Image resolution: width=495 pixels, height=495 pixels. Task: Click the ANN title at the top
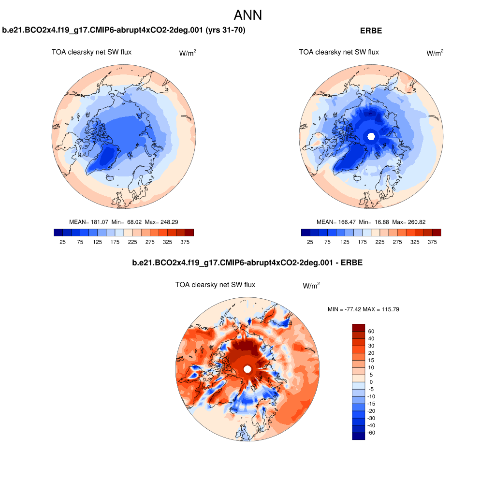(247, 15)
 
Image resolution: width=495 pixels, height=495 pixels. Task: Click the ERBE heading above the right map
(371, 31)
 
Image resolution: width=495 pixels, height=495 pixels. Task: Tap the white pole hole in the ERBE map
(371, 136)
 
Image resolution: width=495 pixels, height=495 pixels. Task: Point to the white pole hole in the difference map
(247, 369)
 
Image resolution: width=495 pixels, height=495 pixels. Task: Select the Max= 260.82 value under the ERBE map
(409, 222)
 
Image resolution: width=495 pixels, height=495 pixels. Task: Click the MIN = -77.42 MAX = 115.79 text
(363, 309)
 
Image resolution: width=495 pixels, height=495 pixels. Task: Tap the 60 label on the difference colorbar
(371, 331)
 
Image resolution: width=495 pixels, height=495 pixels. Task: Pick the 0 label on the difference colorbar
(371, 382)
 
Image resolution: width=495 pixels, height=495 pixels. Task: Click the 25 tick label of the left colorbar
(62, 242)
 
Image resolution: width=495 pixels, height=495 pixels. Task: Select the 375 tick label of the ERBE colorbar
(432, 242)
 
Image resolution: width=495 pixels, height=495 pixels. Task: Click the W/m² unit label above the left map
(188, 53)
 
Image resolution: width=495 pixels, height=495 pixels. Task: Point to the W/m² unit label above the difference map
(311, 286)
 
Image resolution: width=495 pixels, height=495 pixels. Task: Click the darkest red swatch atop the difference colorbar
(358, 327)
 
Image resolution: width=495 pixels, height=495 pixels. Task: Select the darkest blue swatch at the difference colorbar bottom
(358, 436)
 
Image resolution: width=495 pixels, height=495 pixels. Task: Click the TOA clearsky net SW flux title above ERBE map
(339, 52)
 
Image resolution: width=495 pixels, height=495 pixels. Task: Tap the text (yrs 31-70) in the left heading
(226, 31)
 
